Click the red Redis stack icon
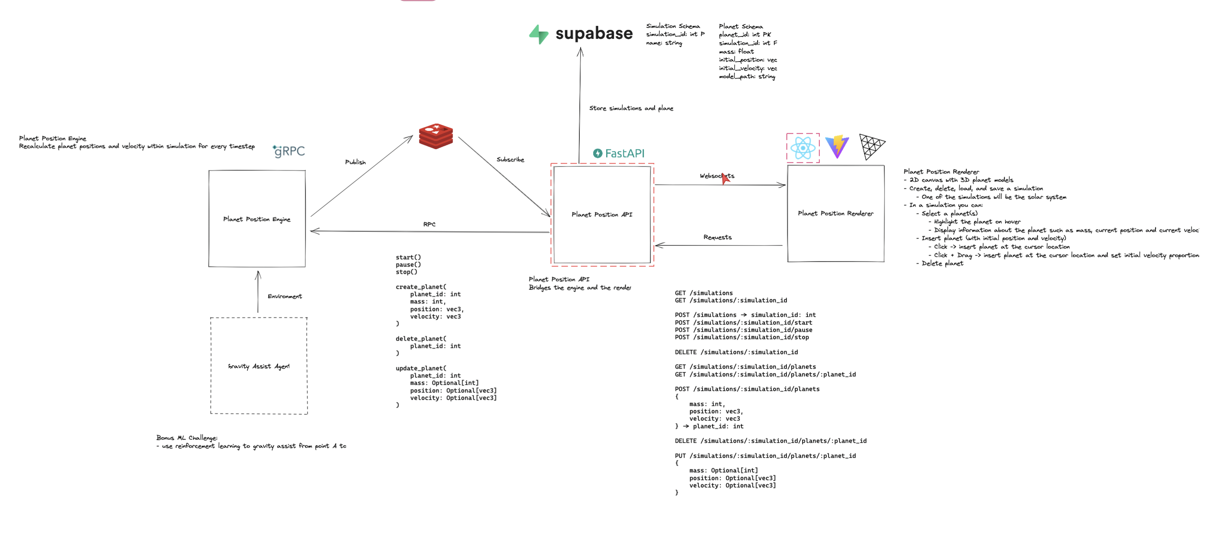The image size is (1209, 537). coord(436,136)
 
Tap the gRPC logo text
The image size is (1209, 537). coord(289,151)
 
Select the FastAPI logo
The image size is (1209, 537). coord(619,153)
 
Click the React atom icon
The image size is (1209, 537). coord(803,148)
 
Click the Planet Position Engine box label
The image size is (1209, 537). coord(257,219)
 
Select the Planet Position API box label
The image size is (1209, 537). coord(602,214)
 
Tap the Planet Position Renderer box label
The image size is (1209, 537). coord(835,213)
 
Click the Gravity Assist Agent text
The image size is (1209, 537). coord(258,366)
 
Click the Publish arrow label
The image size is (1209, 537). coord(355,162)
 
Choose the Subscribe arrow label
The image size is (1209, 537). coord(510,160)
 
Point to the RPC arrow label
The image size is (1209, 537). coord(429,224)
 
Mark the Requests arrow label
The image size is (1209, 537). coord(717,237)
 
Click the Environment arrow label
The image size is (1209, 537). coord(284,296)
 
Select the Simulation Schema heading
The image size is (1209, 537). coord(673,26)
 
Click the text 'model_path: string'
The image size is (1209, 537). coord(747,77)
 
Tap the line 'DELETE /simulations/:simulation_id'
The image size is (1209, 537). coord(736,352)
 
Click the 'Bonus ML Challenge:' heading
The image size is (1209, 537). coord(187,437)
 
